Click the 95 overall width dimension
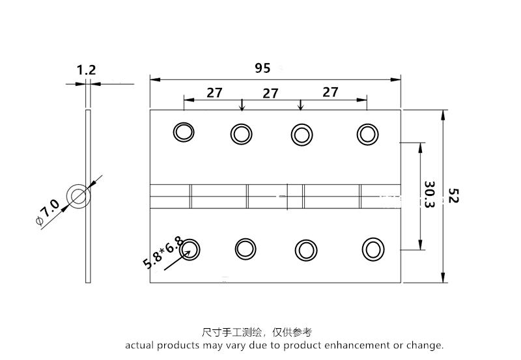tap(262, 67)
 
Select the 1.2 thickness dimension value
tap(86, 70)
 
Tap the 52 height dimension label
tap(453, 196)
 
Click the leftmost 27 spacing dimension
tap(215, 92)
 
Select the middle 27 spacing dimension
tap(270, 93)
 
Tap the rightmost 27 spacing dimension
tap(330, 92)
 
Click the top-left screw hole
tap(183, 132)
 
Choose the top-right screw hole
tap(367, 133)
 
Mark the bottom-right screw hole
tap(373, 249)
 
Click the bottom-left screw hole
tap(191, 248)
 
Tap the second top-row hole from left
tap(241, 134)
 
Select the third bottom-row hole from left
tap(305, 249)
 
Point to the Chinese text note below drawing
tap(257, 332)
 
